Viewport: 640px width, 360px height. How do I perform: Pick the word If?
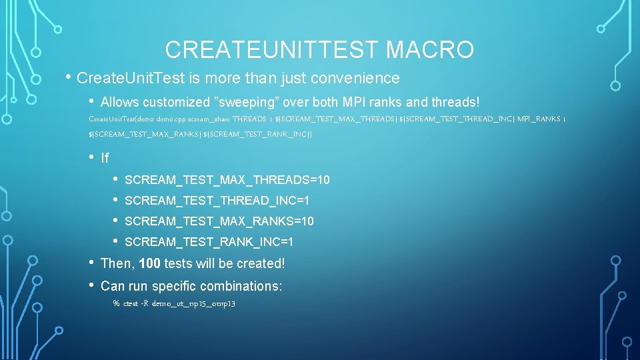coord(105,158)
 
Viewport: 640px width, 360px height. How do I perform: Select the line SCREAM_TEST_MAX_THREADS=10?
coord(227,180)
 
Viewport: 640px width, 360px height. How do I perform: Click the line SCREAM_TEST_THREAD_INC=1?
coord(217,201)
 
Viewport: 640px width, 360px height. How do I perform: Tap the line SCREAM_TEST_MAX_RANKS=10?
coord(219,221)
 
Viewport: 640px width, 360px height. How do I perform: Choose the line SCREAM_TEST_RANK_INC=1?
coord(209,242)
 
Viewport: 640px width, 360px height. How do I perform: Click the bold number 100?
coord(149,263)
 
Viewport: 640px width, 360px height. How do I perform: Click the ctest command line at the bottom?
coord(174,303)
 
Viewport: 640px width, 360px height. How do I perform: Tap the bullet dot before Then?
coord(91,262)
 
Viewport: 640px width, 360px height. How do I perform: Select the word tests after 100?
coord(178,263)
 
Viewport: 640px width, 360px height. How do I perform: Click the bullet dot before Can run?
coord(91,285)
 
